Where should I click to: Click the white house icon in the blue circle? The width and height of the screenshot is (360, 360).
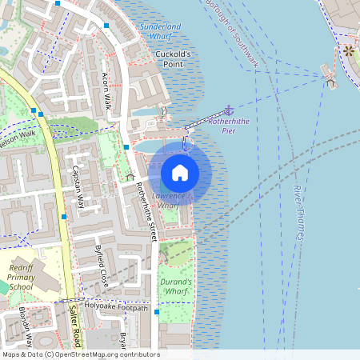click(180, 172)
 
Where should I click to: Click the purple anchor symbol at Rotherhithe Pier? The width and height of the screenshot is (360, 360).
click(230, 110)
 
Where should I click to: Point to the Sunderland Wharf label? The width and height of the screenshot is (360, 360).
click(161, 30)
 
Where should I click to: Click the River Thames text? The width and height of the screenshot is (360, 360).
click(299, 213)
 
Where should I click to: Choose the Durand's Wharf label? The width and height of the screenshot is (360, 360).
click(177, 286)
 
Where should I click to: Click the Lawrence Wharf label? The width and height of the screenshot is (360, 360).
click(168, 201)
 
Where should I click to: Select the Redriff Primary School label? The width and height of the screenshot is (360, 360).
click(21, 276)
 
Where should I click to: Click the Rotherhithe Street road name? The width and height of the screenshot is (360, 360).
click(146, 210)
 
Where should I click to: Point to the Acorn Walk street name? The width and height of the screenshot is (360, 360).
click(106, 90)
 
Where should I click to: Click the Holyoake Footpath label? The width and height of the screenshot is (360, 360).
click(117, 307)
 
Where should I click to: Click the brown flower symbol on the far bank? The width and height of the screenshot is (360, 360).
click(348, 51)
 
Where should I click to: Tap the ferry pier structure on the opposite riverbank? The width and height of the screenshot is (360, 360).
click(329, 77)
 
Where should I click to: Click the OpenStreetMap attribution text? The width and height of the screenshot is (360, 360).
click(80, 354)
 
